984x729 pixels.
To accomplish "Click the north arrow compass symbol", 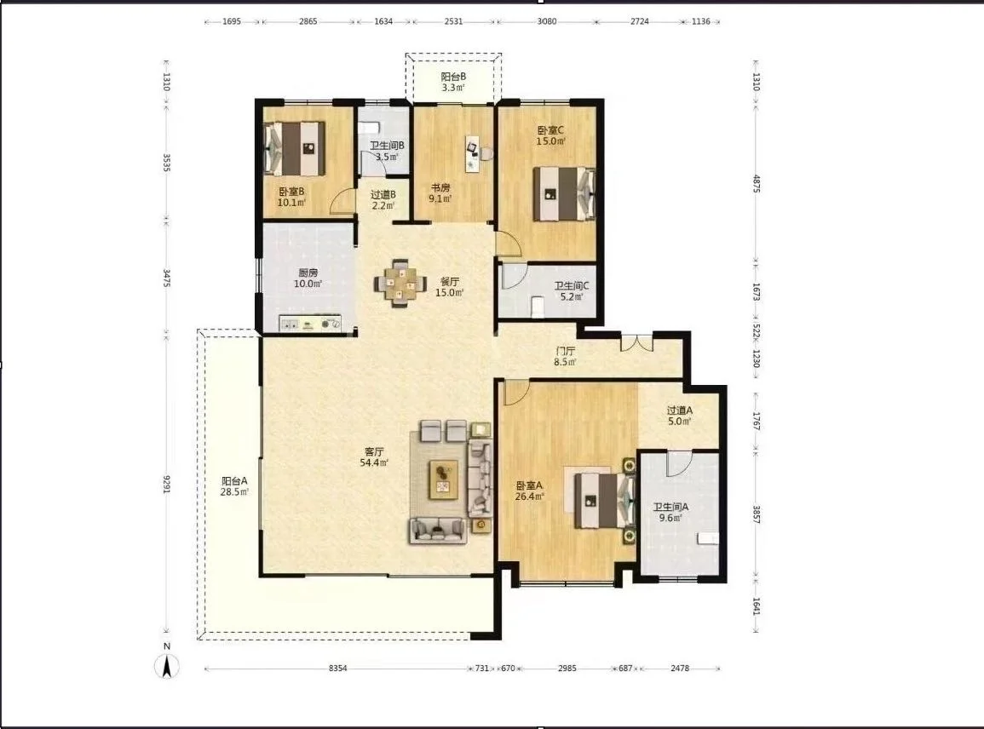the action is coord(167,665).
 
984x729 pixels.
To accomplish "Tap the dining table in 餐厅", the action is coord(400,284).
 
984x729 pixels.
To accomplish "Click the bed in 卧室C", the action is coord(564,193).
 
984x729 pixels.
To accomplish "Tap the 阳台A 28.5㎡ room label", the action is coord(234,486).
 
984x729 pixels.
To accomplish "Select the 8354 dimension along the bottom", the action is coord(337,669).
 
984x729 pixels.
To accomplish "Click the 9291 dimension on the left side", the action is coord(167,484).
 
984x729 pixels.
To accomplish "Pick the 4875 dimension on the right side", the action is coord(757,183).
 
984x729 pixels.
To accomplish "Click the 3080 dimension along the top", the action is coord(547,21).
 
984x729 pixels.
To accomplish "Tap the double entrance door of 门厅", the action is coord(637,343).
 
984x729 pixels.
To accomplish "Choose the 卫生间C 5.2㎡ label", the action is coord(571,291).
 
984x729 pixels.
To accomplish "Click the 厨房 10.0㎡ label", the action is coord(308,278).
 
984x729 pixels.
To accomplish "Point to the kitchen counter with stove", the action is coord(310,323).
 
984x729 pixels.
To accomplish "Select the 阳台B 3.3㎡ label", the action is coord(453,83).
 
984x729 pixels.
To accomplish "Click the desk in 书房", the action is coord(473,153).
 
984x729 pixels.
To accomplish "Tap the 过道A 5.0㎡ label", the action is coord(680,416).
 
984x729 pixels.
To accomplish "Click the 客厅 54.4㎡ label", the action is coord(374,456).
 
